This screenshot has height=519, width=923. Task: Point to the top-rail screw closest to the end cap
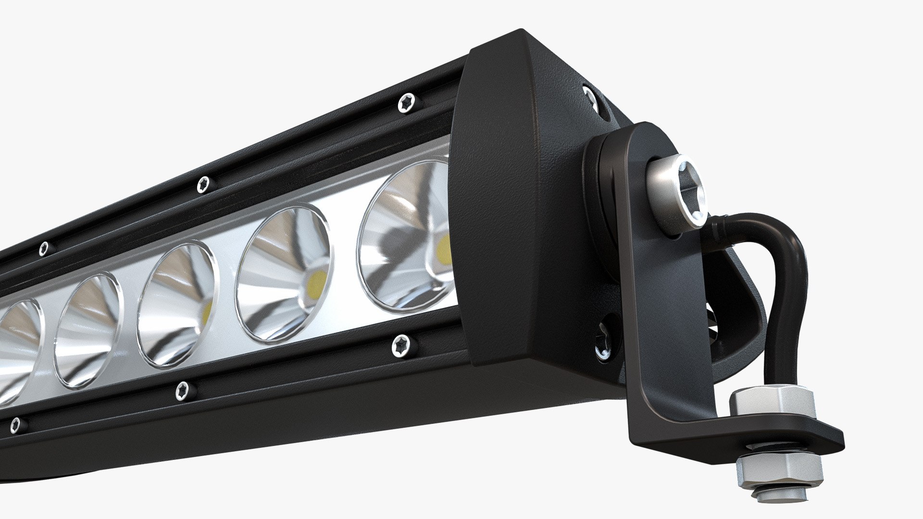click(x=407, y=103)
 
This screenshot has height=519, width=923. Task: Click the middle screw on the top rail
click(x=204, y=184)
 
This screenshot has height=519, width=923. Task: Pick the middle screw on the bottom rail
click(x=182, y=390)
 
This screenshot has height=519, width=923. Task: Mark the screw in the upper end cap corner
click(x=589, y=96)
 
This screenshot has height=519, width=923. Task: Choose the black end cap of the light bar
click(x=510, y=202)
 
